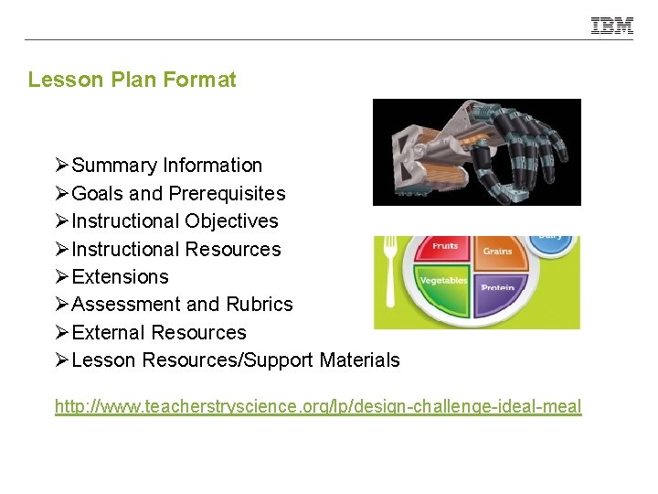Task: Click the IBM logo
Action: [x=611, y=26]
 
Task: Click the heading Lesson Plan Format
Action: [x=132, y=80]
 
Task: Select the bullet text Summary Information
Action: [x=166, y=166]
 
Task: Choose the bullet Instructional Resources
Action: [x=175, y=250]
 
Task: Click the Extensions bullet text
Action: [x=120, y=277]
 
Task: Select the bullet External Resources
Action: [x=158, y=333]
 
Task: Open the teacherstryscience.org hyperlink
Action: [x=317, y=406]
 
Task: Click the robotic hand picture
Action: [x=476, y=152]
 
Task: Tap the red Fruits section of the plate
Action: [x=444, y=250]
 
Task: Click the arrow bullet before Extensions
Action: [x=61, y=277]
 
